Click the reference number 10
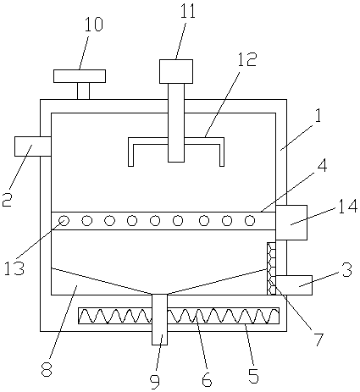point(93,25)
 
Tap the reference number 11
point(188,11)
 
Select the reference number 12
point(247,59)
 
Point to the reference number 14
point(348,207)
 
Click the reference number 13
point(14,268)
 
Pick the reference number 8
point(47,369)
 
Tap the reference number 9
point(155,380)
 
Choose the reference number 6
point(207,379)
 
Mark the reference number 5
point(253,375)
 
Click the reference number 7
point(318,340)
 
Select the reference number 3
point(347,269)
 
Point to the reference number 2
point(8,200)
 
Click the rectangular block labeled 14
point(291,223)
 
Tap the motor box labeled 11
point(176,71)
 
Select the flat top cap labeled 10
point(80,76)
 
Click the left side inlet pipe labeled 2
point(33,146)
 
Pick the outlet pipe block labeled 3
point(294,285)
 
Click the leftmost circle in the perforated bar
point(64,221)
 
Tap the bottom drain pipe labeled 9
point(160,319)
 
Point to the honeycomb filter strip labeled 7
point(271,268)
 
